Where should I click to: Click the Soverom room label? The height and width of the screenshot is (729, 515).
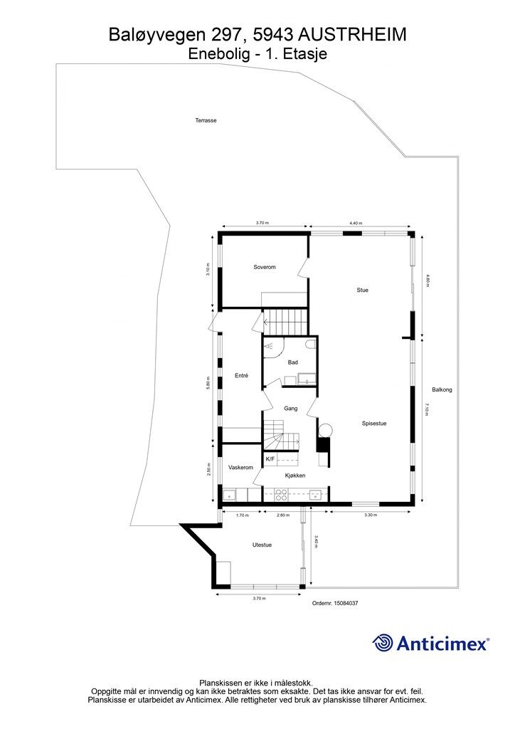tap(264, 267)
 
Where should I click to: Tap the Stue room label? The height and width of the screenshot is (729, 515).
tap(362, 290)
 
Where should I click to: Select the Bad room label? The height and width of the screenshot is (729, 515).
tap(292, 362)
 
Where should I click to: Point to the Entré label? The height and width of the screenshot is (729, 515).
tap(241, 376)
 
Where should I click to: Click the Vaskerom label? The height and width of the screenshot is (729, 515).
tap(240, 467)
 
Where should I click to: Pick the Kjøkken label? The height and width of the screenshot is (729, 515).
tap(295, 476)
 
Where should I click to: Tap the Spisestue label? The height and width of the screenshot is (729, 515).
tap(374, 424)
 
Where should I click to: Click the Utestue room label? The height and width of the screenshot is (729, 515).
tap(262, 545)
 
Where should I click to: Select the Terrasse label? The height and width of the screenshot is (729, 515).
tap(206, 120)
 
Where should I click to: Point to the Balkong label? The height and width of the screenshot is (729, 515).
tap(442, 390)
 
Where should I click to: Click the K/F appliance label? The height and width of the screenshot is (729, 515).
tap(270, 459)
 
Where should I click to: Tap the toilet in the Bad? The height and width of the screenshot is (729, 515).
tap(311, 344)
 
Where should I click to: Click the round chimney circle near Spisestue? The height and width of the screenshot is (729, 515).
tap(326, 430)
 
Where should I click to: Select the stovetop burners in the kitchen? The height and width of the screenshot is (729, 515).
tap(280, 495)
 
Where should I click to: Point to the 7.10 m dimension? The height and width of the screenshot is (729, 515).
tap(426, 410)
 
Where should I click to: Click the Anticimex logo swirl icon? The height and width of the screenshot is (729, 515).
tap(382, 643)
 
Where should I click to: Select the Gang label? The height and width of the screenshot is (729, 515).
tap(291, 409)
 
